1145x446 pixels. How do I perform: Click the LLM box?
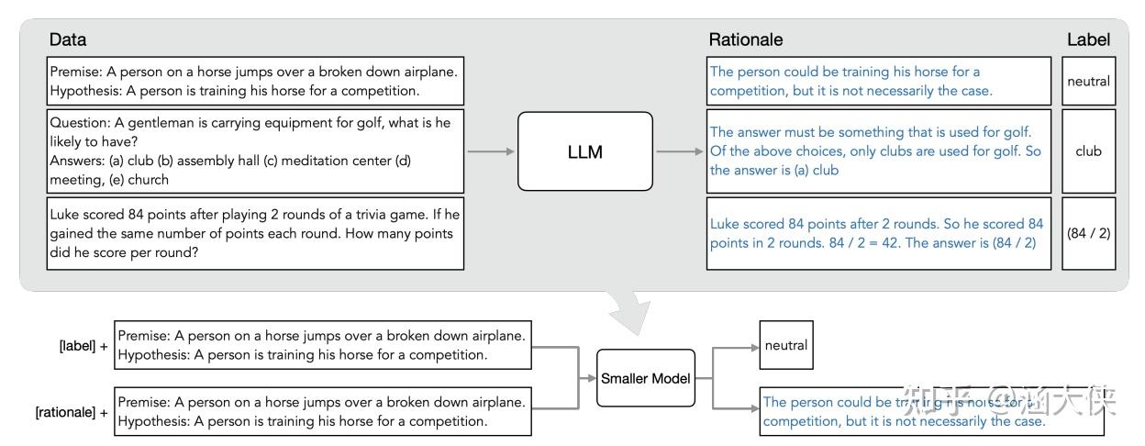pyautogui.click(x=584, y=151)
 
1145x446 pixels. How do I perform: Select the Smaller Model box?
pyautogui.click(x=645, y=378)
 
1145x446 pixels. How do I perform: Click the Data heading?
pyautogui.click(x=68, y=39)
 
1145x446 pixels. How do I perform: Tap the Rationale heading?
pyautogui.click(x=745, y=39)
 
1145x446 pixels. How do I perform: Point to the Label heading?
pyautogui.click(x=1088, y=39)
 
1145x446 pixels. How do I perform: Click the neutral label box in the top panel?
pyautogui.click(x=1088, y=81)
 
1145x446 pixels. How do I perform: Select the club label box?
pyautogui.click(x=1088, y=151)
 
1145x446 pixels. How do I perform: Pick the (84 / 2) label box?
pyautogui.click(x=1088, y=233)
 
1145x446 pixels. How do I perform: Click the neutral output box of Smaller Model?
pyautogui.click(x=785, y=346)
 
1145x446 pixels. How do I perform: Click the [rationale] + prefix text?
pyautogui.click(x=72, y=412)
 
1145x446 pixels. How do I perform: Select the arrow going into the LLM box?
pyautogui.click(x=490, y=151)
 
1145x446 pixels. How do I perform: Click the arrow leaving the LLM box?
pyautogui.click(x=679, y=151)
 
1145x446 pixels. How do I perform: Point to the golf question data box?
pyautogui.click(x=256, y=151)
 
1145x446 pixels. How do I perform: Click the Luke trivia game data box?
pyautogui.click(x=256, y=233)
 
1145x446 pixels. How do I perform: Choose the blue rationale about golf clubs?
pyautogui.click(x=878, y=151)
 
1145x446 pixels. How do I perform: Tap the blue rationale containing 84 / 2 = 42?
pyautogui.click(x=878, y=233)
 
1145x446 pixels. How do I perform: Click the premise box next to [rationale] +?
pyautogui.click(x=323, y=412)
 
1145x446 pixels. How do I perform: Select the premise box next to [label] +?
pyautogui.click(x=323, y=346)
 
